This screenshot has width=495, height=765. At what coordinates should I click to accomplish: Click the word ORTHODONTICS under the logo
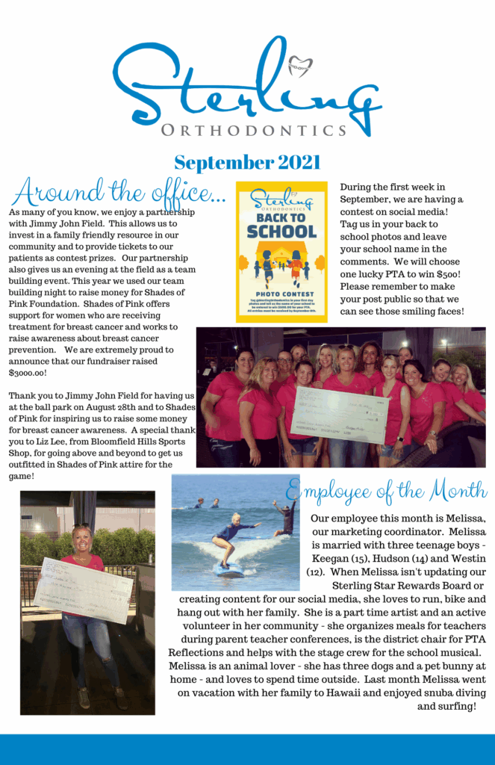(253, 130)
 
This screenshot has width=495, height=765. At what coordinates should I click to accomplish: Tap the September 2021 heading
(247, 162)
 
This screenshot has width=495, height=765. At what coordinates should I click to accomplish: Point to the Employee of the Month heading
(387, 492)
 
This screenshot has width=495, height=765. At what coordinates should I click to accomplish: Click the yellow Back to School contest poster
(282, 251)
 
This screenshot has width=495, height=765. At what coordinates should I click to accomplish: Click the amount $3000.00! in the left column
(28, 371)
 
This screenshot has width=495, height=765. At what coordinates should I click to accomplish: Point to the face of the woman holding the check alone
(82, 538)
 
